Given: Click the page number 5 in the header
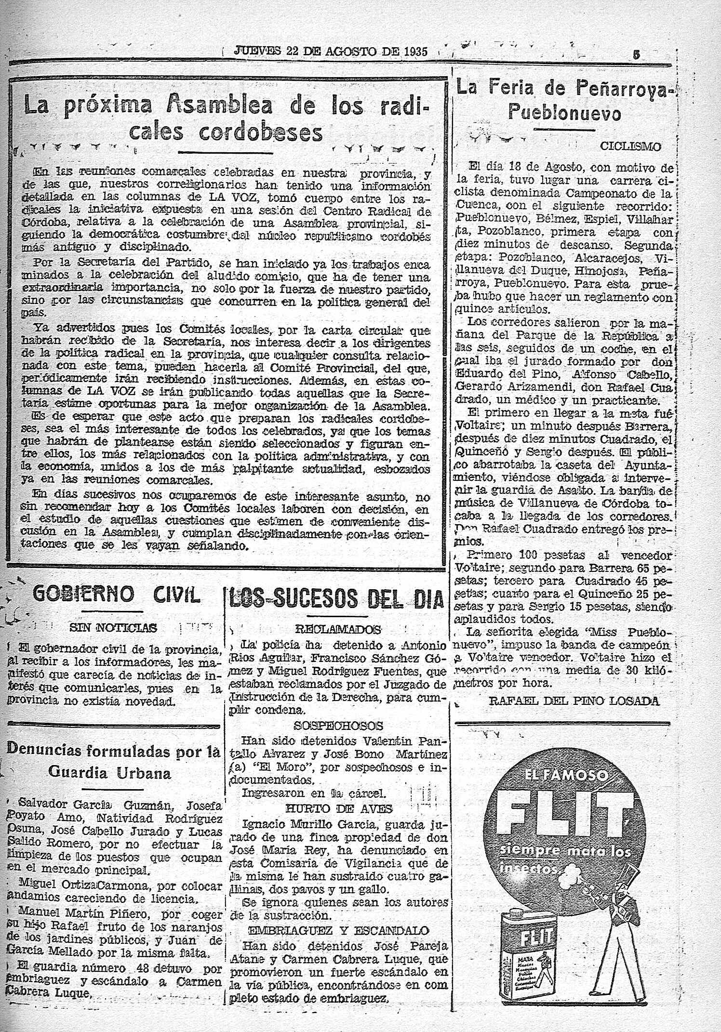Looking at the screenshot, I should pos(637,54).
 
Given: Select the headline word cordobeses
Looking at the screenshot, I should pos(261,132).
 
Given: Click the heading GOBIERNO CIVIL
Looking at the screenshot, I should pos(115,595).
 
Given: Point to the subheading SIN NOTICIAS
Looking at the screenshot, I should pos(114,627).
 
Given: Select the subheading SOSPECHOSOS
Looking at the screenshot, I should pos(338,726).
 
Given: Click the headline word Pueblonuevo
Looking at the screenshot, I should pos(565,115).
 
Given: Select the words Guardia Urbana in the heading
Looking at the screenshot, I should pos(110,773).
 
